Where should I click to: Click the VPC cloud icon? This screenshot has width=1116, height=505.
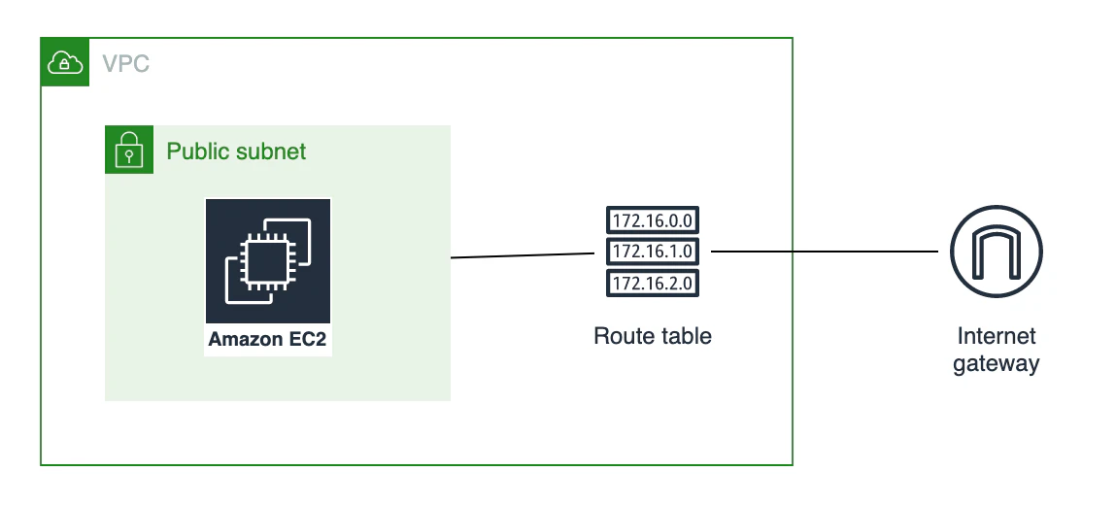coord(65,62)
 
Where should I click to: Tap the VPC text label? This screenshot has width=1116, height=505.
coord(126,64)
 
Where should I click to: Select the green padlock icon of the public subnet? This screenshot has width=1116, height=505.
coord(129,150)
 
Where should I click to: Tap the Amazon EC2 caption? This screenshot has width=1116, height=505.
coord(267,339)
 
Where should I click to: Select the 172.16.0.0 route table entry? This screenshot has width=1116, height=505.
coord(653,219)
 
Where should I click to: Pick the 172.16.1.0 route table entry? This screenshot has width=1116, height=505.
coord(653,252)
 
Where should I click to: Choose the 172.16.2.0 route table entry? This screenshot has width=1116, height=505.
coord(653,283)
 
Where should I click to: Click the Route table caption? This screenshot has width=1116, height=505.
coord(653,336)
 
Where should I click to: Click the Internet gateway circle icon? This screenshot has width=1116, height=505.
coord(996,252)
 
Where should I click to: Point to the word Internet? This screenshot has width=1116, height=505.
coord(997,336)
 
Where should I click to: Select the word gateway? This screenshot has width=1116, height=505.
coord(997,364)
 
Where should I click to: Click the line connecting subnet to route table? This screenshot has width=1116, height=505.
coord(524,255)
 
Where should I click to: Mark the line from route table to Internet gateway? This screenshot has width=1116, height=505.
coord(825,252)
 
